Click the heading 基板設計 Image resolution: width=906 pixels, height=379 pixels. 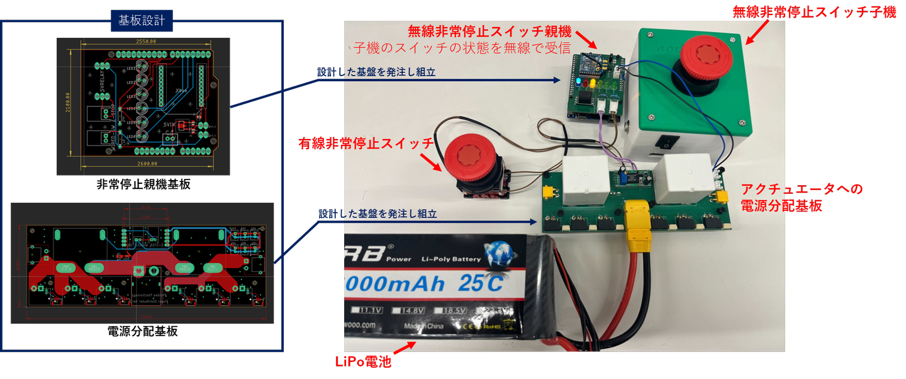pos(142,20)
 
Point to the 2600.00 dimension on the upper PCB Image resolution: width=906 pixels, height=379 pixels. pos(147,164)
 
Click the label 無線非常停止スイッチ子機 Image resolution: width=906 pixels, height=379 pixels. pos(815,11)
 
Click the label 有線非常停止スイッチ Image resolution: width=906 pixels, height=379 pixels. pos(366,144)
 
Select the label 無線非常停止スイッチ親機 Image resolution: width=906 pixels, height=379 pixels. pos(489,30)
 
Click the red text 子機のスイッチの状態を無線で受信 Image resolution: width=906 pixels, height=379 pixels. pos(461,47)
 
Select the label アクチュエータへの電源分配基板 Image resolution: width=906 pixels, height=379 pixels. pos(801,196)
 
